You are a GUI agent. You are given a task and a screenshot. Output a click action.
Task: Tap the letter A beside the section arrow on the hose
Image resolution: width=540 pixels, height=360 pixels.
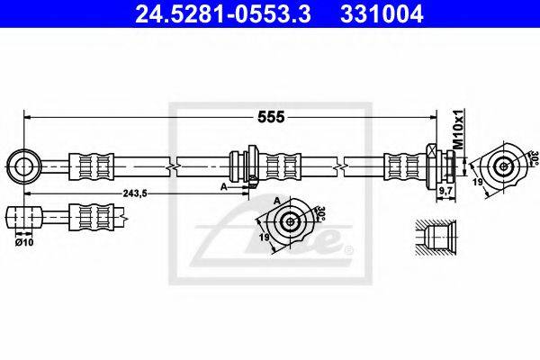pyautogui.click(x=223, y=187)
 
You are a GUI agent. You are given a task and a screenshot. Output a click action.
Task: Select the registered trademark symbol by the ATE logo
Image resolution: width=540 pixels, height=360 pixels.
pyautogui.click(x=349, y=248)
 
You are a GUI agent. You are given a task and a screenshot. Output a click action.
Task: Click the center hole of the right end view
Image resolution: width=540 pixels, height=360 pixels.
pyautogui.click(x=502, y=166)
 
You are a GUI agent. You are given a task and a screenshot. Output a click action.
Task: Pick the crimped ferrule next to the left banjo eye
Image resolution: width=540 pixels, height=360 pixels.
pyautogui.click(x=94, y=166)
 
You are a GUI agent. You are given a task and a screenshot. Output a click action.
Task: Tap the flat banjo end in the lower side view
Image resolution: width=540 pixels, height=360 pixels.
pyautogui.click(x=24, y=218)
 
